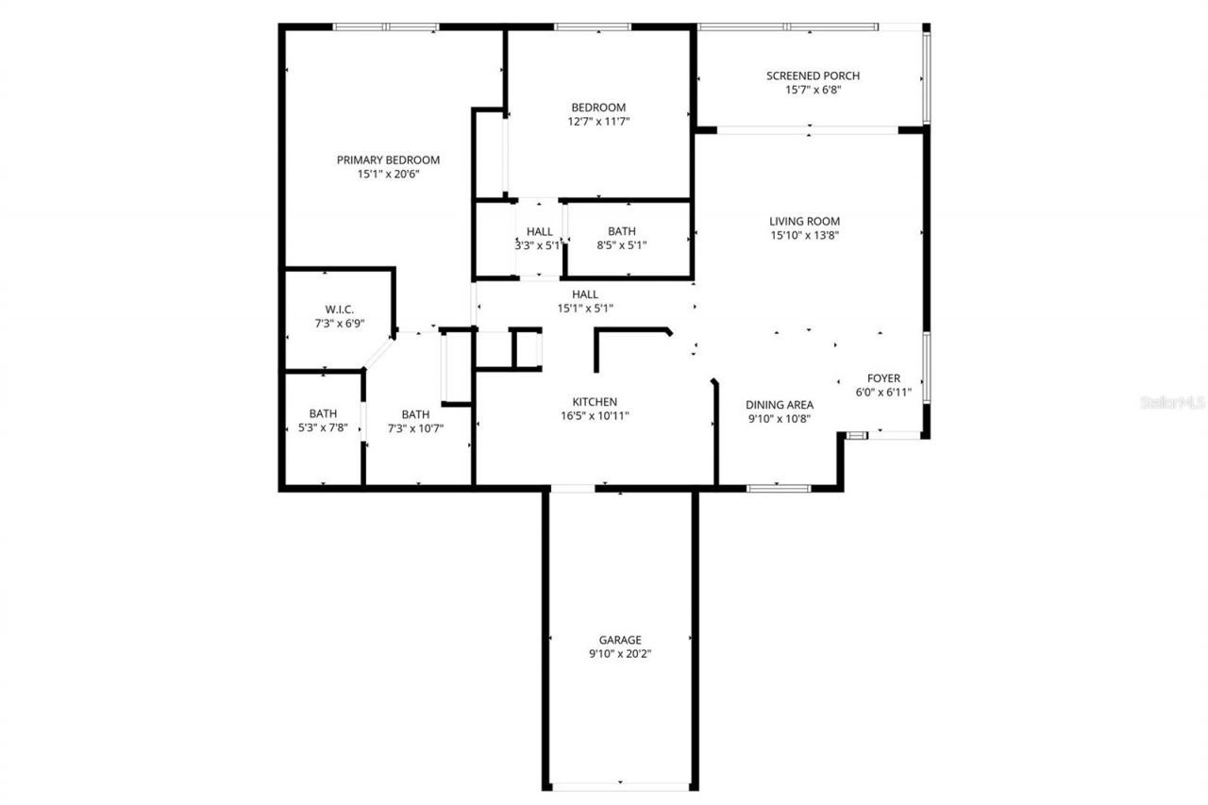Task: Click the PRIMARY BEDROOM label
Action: (x=388, y=159)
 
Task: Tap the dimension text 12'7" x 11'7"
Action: (x=597, y=122)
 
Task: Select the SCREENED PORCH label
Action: (x=813, y=75)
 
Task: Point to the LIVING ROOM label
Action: (x=804, y=221)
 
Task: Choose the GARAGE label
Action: (x=619, y=639)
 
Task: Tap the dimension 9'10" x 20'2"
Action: (x=619, y=653)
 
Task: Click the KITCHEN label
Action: (x=595, y=401)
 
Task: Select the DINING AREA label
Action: (x=780, y=405)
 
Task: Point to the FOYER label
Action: (x=883, y=378)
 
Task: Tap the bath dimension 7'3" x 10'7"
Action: (x=415, y=428)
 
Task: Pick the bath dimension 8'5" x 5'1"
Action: (x=621, y=245)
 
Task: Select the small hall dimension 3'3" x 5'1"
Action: (x=539, y=245)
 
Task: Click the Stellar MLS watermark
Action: (x=1172, y=402)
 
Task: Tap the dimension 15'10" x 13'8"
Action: (x=804, y=236)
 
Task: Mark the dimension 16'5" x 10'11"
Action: (x=595, y=415)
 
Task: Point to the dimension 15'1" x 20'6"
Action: (x=388, y=174)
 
